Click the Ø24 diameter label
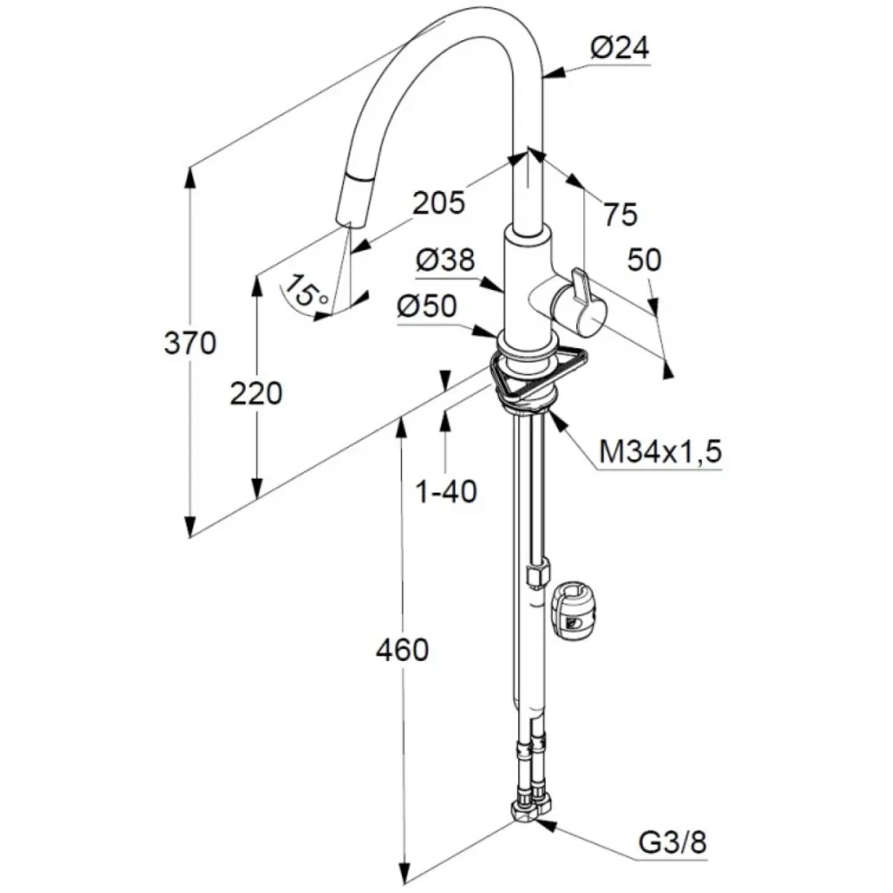click(x=620, y=48)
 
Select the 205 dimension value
click(x=438, y=203)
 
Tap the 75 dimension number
click(x=621, y=214)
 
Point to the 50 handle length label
click(x=644, y=260)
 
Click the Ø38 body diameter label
click(x=446, y=260)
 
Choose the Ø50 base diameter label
click(x=427, y=305)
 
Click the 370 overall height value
click(x=190, y=344)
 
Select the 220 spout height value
click(x=255, y=394)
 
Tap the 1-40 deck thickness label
click(x=446, y=491)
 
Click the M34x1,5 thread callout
click(x=660, y=452)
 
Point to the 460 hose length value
click(x=402, y=650)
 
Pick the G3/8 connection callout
click(x=672, y=842)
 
